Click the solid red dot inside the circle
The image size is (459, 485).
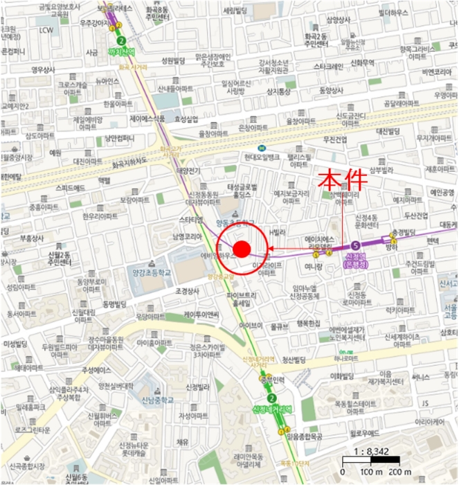coord(241,248)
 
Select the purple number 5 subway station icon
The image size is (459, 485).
coord(356,245)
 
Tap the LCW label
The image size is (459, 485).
coord(46,30)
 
